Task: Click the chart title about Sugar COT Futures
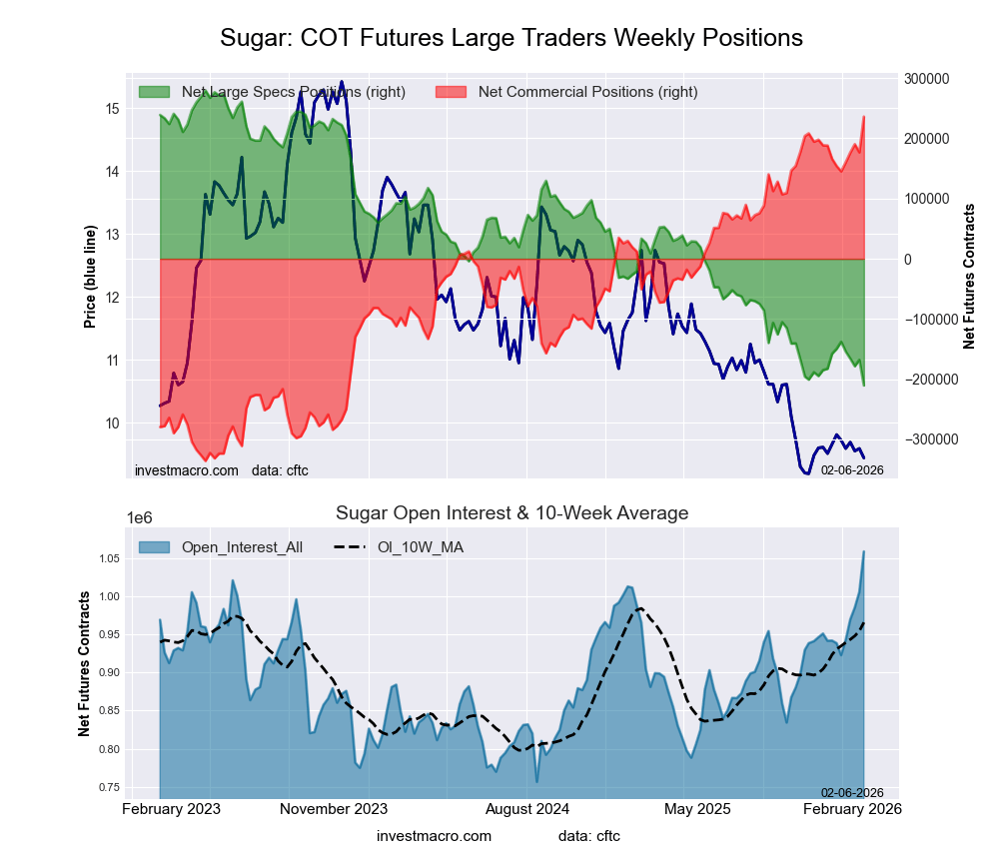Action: click(x=510, y=38)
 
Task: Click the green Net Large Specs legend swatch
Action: click(x=154, y=92)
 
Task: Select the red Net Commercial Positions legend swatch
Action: click(x=451, y=92)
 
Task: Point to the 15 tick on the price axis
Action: click(x=112, y=109)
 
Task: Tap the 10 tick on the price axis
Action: click(x=112, y=424)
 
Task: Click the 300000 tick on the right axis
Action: click(x=925, y=79)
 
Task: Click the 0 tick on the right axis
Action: click(x=907, y=260)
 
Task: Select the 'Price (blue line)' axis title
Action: click(x=90, y=277)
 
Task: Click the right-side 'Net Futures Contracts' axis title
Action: click(x=969, y=277)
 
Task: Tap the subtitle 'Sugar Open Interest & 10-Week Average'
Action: click(x=511, y=513)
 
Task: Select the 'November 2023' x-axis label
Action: click(x=334, y=809)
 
